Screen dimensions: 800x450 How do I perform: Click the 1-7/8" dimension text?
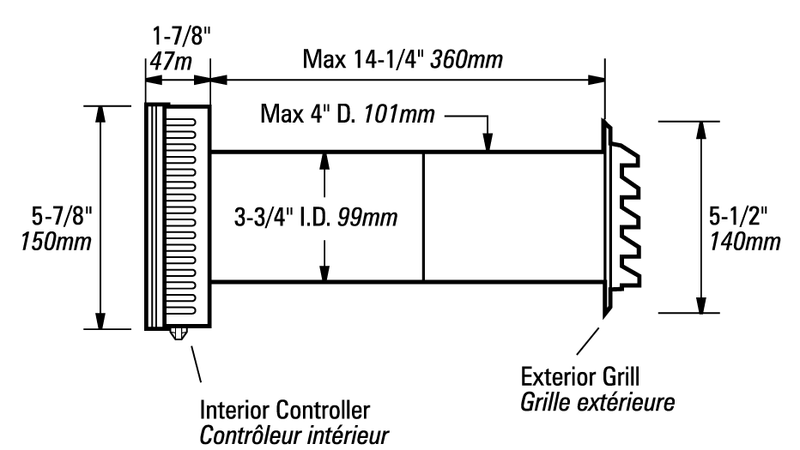(182, 37)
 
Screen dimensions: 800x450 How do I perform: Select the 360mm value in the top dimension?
(466, 59)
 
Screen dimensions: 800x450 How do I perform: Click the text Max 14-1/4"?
(364, 59)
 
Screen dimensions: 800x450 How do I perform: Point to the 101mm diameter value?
(399, 114)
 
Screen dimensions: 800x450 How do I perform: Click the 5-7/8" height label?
(62, 217)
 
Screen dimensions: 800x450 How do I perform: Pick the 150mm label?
(56, 242)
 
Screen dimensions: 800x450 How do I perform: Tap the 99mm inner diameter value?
(367, 218)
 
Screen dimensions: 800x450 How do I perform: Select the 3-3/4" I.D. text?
(283, 218)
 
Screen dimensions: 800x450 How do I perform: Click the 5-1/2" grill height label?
(737, 217)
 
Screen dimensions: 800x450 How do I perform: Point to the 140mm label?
(745, 242)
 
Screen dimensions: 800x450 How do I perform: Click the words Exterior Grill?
(580, 377)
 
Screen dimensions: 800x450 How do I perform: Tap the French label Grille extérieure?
(597, 403)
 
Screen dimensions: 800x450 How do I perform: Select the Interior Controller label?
(285, 411)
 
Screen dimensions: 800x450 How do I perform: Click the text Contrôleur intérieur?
(294, 435)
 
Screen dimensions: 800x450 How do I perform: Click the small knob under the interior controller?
(178, 333)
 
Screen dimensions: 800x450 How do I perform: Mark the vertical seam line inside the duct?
(423, 217)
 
